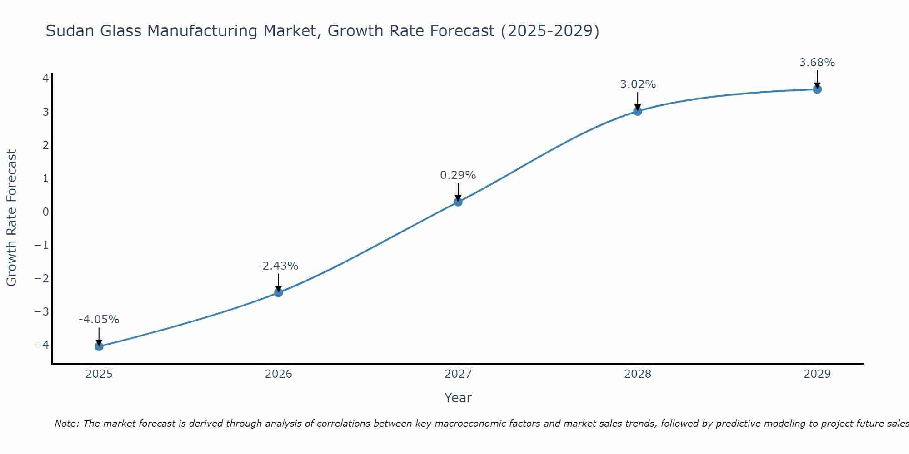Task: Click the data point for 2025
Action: click(x=99, y=346)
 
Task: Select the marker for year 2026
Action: click(x=279, y=292)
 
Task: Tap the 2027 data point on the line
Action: click(x=458, y=202)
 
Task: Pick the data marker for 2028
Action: click(x=638, y=111)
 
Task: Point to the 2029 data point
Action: click(x=817, y=89)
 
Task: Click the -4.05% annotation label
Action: click(x=99, y=320)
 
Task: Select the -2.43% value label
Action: click(x=278, y=266)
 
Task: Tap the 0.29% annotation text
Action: click(x=458, y=175)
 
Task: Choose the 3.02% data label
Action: click(x=638, y=84)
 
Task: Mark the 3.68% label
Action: click(x=817, y=63)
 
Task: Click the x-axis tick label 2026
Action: click(x=279, y=374)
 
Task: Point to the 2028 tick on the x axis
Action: click(x=638, y=374)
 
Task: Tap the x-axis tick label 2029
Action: click(x=817, y=374)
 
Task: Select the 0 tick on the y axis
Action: click(x=45, y=212)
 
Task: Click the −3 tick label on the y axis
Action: click(x=42, y=311)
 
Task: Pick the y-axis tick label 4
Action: click(x=45, y=79)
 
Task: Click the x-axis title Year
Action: click(x=458, y=398)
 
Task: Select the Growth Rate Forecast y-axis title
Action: click(x=12, y=217)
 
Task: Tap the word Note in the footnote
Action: click(x=67, y=424)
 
